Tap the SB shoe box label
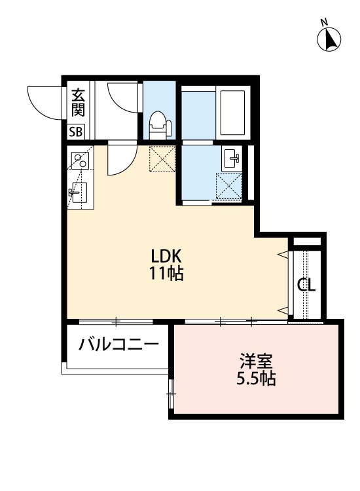[x=77, y=131]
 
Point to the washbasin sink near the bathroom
[x=232, y=158]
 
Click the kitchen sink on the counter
[x=76, y=193]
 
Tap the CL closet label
[x=306, y=285]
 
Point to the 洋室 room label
[x=256, y=361]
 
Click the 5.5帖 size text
[x=256, y=378]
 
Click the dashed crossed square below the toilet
[x=161, y=158]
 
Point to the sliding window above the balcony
[x=116, y=321]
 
